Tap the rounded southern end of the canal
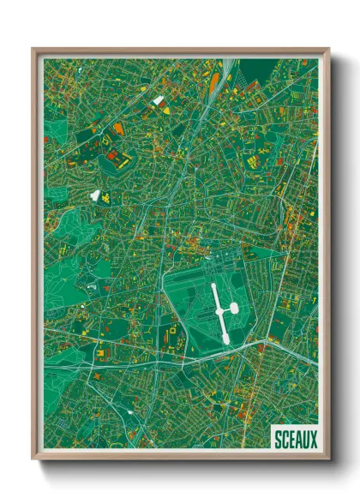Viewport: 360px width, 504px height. click(225, 339)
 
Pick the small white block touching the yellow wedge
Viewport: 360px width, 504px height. click(157, 100)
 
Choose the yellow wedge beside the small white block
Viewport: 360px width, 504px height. click(162, 104)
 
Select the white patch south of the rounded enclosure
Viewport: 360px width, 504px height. click(95, 195)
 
